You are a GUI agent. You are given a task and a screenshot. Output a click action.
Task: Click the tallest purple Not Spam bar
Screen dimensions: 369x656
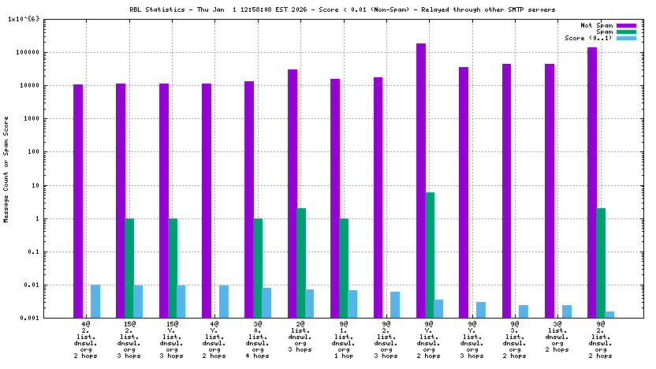(x=421, y=181)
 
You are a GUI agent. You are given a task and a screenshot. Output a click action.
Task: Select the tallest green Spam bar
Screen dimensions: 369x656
(x=430, y=255)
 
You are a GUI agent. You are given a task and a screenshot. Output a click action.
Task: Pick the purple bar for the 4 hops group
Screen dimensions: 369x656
(x=249, y=199)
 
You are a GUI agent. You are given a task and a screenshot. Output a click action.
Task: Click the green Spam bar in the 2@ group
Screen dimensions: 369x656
(x=301, y=263)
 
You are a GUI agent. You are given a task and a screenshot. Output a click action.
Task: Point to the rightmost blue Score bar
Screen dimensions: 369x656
(x=609, y=315)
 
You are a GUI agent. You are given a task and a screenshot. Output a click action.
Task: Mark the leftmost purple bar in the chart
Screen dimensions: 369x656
(x=78, y=201)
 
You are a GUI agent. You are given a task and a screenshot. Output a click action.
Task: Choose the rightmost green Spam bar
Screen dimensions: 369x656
(x=601, y=263)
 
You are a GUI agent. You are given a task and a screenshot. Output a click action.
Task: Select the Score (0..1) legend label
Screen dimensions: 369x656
(x=588, y=38)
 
